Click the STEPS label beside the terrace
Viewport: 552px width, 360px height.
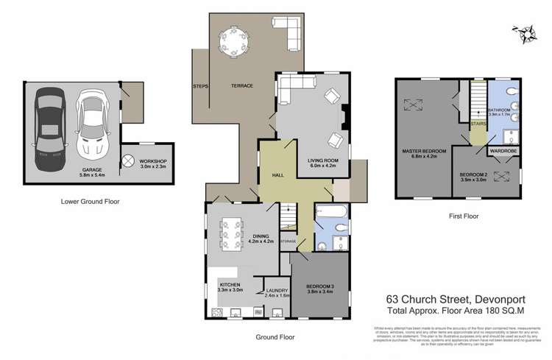click(201, 86)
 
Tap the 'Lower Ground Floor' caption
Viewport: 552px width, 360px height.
click(91, 201)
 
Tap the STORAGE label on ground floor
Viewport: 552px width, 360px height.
click(287, 241)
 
